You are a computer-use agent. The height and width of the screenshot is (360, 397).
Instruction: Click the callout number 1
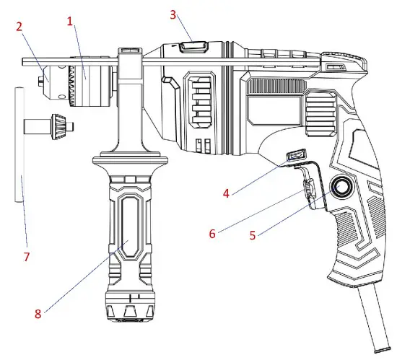(x=70, y=22)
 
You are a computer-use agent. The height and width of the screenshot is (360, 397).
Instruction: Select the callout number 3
(x=173, y=14)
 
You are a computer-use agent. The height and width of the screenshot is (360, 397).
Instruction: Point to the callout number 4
(x=226, y=193)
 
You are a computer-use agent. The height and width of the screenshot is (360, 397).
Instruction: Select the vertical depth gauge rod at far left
(x=19, y=144)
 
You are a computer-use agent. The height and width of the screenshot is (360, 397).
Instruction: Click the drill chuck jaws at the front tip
(x=43, y=74)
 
